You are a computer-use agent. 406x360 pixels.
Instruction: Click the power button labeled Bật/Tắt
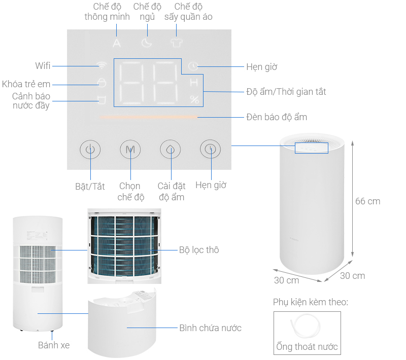[x=90, y=150]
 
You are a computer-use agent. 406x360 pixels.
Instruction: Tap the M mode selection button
[x=130, y=150]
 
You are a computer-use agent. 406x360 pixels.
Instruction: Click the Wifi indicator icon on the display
[x=102, y=65]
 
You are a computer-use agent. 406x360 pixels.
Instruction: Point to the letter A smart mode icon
[x=117, y=43]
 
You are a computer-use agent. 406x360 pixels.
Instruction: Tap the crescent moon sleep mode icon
[x=147, y=43]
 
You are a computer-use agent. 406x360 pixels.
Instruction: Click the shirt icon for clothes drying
[x=176, y=43]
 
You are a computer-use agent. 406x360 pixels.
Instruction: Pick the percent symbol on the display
[x=194, y=99]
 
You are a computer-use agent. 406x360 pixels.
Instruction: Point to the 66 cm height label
[x=367, y=201]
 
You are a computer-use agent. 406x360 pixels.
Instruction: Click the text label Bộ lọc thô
[x=199, y=250]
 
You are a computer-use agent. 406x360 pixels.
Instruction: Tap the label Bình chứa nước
[x=210, y=328]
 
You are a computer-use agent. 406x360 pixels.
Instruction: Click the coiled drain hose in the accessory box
[x=307, y=326]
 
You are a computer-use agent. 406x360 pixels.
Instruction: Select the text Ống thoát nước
[x=307, y=347]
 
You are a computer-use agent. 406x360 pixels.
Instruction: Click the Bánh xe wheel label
[x=54, y=345]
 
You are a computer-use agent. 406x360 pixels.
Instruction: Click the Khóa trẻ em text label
[x=26, y=84]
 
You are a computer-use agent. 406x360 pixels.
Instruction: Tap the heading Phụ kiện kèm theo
[x=311, y=302]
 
